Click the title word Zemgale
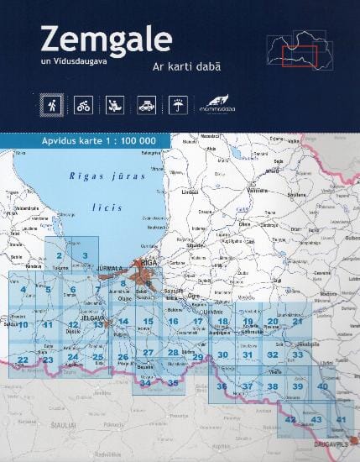[x=105, y=39]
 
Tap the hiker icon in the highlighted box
[x=53, y=107]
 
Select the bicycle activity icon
[x=83, y=107]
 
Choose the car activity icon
[x=145, y=107]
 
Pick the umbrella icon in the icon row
[x=176, y=107]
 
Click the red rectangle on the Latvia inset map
[x=297, y=56]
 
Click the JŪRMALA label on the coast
[x=111, y=269]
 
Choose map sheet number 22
[x=23, y=360]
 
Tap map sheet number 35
[x=173, y=383]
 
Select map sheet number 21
[x=297, y=322]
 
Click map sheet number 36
[x=222, y=386]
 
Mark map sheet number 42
[x=290, y=419]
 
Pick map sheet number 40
[x=322, y=386]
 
